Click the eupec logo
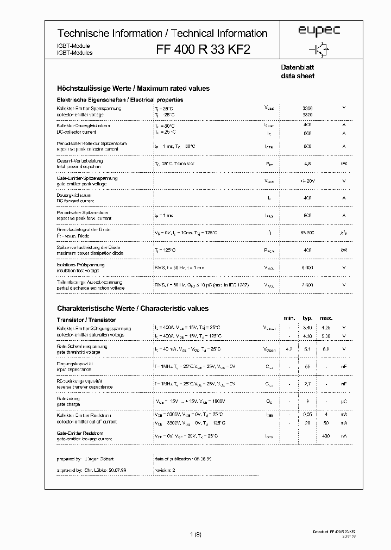click(319, 32)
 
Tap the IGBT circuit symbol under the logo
click(321, 49)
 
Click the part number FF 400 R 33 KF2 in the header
click(204, 49)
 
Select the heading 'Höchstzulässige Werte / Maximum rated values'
click(133, 88)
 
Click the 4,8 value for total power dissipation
click(307, 163)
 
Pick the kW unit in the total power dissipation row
click(344, 163)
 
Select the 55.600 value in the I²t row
click(307, 232)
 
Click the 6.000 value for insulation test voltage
click(307, 267)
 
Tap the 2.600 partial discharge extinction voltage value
click(307, 285)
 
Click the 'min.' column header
click(289, 318)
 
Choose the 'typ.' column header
click(307, 318)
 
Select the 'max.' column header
click(326, 318)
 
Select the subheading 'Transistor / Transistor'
click(86, 320)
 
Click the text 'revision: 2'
click(167, 467)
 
